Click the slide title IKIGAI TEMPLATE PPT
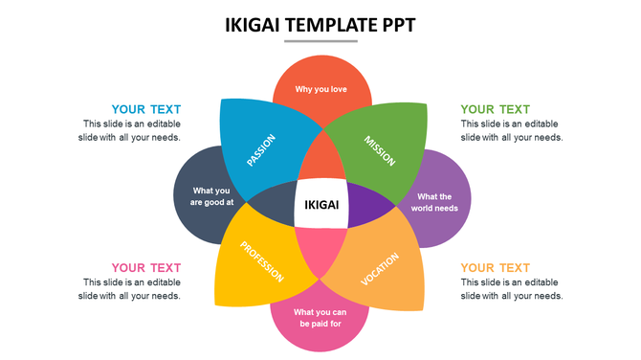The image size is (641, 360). click(x=320, y=25)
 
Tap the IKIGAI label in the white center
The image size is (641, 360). click(x=320, y=204)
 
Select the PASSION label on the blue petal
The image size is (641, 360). click(x=260, y=150)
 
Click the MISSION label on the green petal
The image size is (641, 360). click(x=380, y=150)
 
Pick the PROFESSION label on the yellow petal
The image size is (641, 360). click(x=261, y=261)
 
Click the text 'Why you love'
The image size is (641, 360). click(x=320, y=90)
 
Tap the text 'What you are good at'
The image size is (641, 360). click(x=212, y=196)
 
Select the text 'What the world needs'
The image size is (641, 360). click(x=433, y=202)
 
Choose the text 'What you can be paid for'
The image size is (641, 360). click(x=320, y=318)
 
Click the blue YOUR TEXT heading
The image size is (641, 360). click(x=145, y=109)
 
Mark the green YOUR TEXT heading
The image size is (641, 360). click(x=495, y=109)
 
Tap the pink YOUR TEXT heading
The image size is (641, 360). click(x=145, y=267)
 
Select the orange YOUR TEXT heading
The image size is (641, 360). click(x=495, y=267)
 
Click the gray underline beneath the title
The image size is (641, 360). click(x=320, y=41)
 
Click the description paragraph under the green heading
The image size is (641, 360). click(x=511, y=130)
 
